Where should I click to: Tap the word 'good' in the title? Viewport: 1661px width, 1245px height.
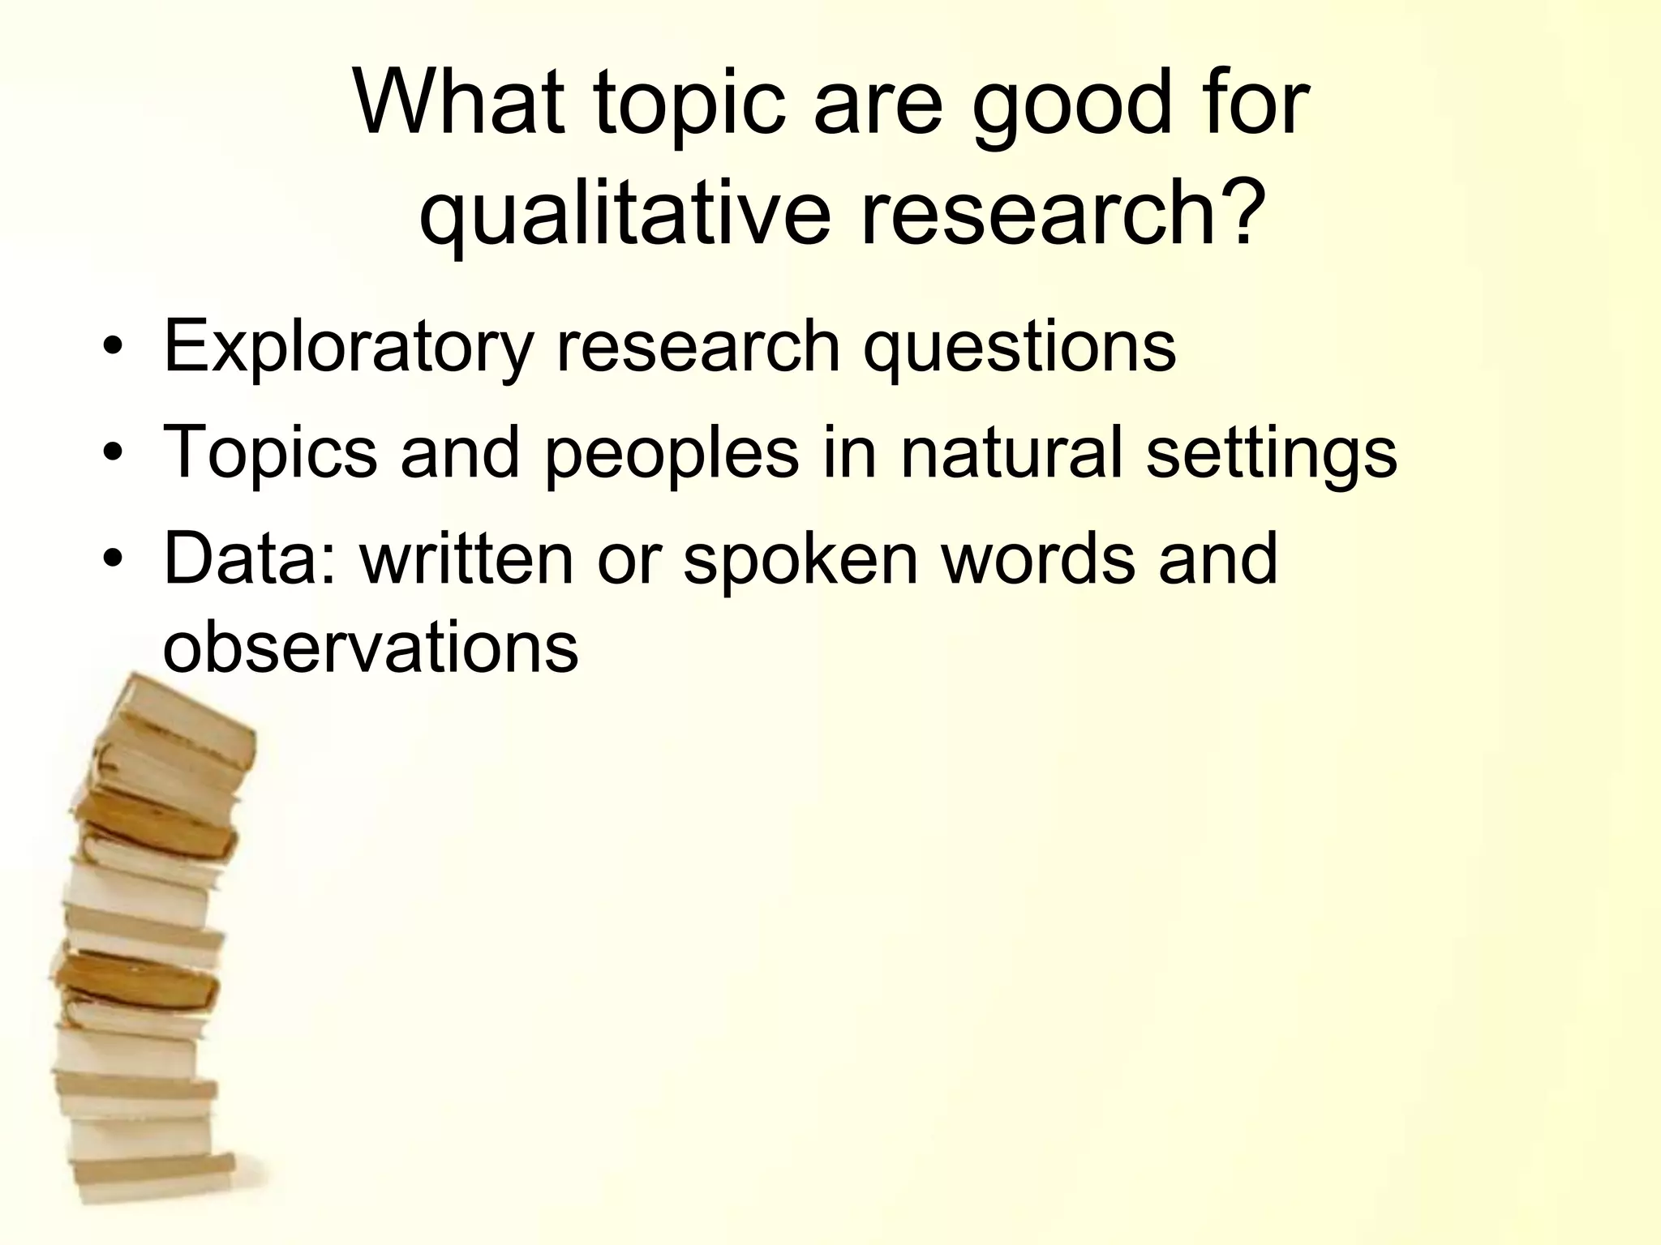coord(1073,109)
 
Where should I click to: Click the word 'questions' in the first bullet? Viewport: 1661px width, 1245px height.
coord(1019,349)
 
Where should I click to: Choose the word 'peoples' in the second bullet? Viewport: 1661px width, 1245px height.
coord(672,455)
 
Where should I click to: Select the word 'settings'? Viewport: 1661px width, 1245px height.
coord(1272,455)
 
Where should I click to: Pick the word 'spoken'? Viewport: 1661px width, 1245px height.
coord(800,560)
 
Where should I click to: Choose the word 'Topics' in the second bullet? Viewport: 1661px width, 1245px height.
coord(270,455)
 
